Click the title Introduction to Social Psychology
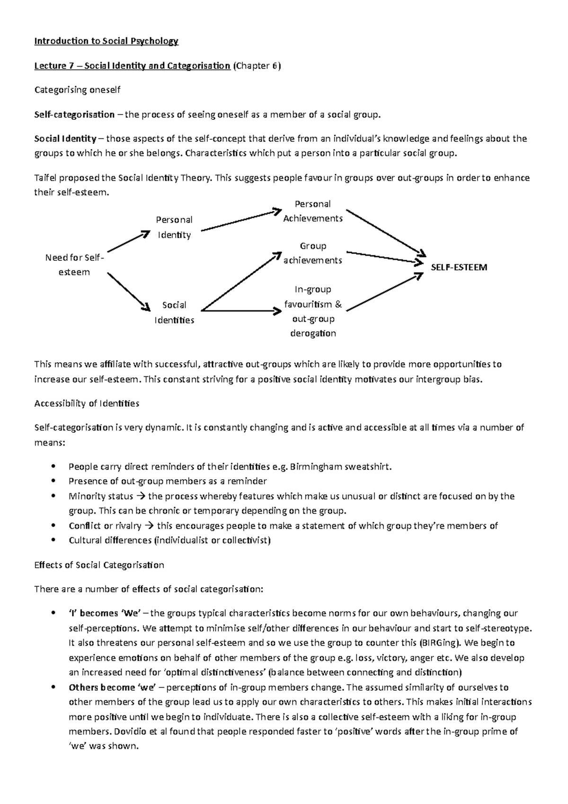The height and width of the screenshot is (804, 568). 106,41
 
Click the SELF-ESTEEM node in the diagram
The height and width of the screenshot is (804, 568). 459,268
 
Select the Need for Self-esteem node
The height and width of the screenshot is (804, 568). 74,265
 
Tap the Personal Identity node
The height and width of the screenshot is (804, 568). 174,227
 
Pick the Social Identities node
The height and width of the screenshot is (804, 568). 174,313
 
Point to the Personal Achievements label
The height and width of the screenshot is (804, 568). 312,211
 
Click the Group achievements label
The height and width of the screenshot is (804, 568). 312,253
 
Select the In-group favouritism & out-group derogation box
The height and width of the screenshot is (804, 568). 312,311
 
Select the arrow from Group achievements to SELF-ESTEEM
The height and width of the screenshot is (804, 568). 383,257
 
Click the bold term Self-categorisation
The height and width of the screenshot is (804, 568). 74,115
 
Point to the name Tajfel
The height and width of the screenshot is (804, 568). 45,178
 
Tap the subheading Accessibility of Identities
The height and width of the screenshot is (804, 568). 87,403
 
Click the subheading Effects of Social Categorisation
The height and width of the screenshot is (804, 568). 99,565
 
